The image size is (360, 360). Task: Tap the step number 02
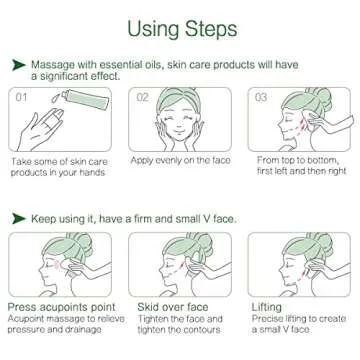click(x=143, y=97)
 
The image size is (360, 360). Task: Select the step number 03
click(x=263, y=97)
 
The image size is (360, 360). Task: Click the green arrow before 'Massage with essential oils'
click(x=17, y=64)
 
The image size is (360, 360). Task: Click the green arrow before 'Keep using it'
click(x=17, y=217)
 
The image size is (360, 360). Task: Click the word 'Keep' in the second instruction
click(x=45, y=217)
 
